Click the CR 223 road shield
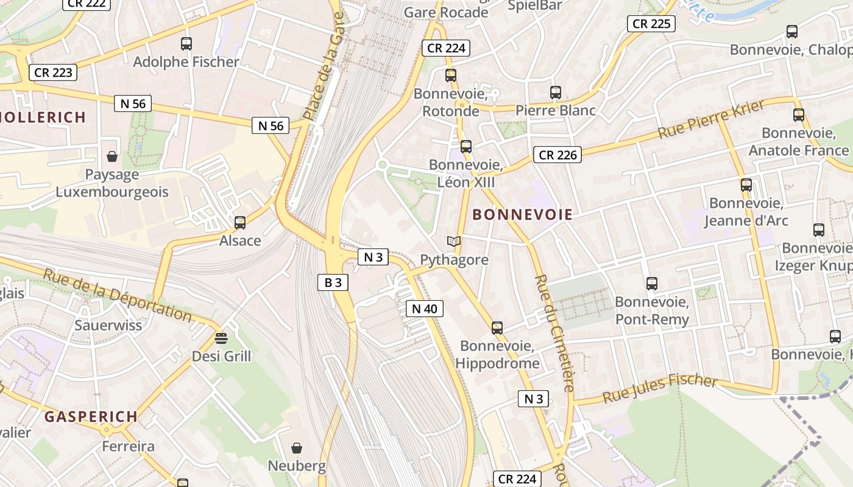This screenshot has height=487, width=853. (54, 72)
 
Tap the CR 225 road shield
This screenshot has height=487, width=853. (651, 24)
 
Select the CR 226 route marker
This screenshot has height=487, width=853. (557, 155)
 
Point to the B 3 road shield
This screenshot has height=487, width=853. (333, 282)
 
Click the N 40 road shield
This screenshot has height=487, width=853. (425, 309)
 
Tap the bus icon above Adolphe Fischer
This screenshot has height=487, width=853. (186, 44)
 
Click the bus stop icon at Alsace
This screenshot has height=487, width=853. (240, 223)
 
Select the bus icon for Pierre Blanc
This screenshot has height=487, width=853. (556, 93)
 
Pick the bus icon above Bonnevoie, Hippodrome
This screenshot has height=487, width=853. (497, 328)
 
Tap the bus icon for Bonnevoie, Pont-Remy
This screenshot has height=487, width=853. (652, 284)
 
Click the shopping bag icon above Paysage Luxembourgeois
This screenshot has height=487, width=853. (112, 157)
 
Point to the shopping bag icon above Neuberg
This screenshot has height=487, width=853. (297, 449)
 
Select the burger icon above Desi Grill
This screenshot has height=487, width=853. (221, 338)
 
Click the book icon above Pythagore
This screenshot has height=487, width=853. (454, 242)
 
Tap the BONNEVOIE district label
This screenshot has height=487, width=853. (523, 214)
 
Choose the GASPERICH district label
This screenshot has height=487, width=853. (91, 417)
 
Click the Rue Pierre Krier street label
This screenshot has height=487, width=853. (711, 120)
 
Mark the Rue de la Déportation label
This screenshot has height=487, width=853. (117, 294)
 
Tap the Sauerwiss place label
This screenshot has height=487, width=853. (108, 325)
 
